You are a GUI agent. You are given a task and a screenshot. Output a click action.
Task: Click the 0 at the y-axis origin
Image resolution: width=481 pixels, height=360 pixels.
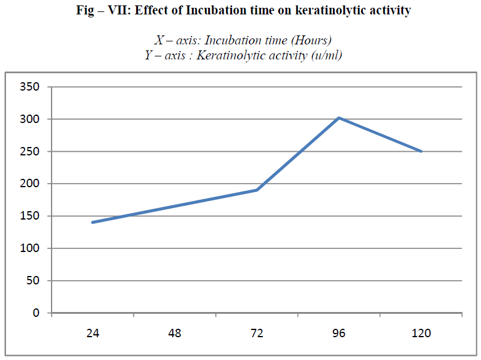(x=37, y=313)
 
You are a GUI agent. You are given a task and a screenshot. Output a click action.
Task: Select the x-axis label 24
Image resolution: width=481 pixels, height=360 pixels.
(x=92, y=334)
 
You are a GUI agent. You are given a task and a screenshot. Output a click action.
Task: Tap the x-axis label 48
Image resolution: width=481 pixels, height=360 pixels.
(x=175, y=334)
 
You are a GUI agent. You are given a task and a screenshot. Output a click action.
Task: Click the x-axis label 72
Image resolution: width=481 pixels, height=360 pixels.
(x=257, y=334)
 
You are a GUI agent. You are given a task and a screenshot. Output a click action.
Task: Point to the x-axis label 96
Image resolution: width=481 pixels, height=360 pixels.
(x=339, y=334)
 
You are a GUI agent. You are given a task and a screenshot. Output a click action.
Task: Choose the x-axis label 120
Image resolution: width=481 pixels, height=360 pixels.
(x=421, y=334)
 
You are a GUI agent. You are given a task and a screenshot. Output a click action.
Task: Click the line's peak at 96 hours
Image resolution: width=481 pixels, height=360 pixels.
(x=339, y=118)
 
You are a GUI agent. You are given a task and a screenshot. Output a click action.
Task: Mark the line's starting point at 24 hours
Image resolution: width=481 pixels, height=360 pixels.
(x=92, y=222)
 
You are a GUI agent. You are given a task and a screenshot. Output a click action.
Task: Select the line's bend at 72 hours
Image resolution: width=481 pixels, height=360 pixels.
(x=257, y=190)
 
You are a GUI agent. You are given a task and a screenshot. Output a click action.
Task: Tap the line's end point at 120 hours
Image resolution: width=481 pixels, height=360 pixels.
(x=421, y=151)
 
